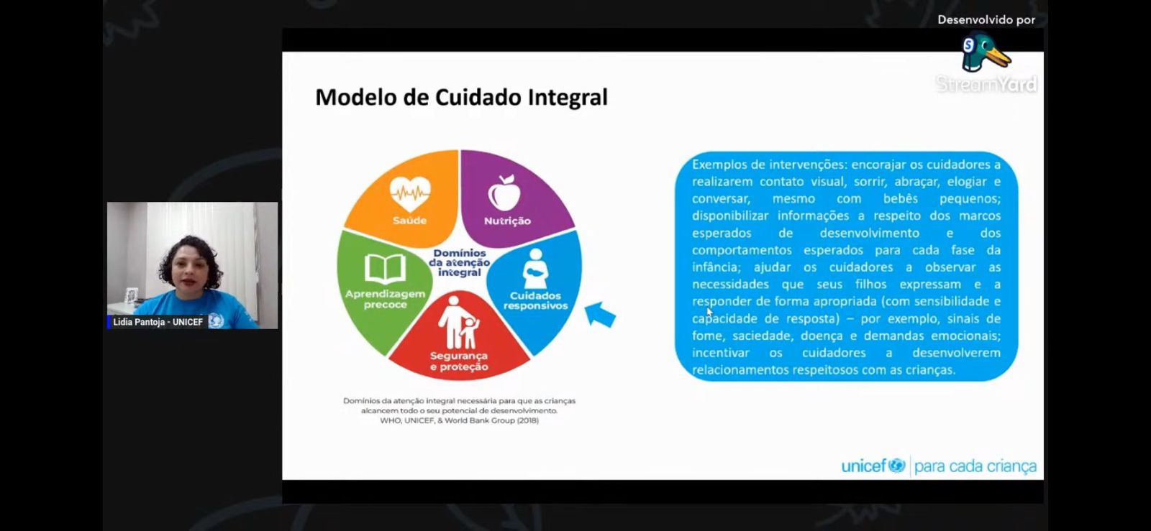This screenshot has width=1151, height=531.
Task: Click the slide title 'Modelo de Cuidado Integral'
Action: (x=461, y=98)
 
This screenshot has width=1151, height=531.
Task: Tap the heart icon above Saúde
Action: (x=409, y=194)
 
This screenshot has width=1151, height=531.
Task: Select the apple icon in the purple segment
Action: (x=504, y=193)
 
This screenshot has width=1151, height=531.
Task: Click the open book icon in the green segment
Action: (x=385, y=268)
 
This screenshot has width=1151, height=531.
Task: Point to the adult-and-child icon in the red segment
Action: (x=458, y=322)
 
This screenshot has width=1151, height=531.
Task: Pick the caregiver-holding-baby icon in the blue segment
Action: (x=535, y=269)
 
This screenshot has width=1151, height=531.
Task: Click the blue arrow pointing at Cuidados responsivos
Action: (x=600, y=314)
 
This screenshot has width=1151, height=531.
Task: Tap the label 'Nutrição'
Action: (x=507, y=221)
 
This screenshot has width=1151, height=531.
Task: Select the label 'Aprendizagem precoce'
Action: (x=385, y=299)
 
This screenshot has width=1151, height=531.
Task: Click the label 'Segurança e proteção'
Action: (x=459, y=361)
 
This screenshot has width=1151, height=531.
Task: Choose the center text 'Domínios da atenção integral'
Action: (x=460, y=263)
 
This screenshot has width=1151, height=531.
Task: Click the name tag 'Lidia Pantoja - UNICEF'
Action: (x=158, y=322)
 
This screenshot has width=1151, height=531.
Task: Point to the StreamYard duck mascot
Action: (x=985, y=51)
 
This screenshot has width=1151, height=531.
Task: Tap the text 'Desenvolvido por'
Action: (x=986, y=20)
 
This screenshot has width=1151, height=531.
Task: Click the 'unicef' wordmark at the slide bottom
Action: (x=873, y=466)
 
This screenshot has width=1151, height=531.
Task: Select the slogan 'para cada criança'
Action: (x=975, y=466)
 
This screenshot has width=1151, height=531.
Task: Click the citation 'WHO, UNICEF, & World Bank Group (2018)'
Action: (x=460, y=420)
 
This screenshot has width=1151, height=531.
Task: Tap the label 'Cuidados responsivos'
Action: (x=535, y=300)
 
